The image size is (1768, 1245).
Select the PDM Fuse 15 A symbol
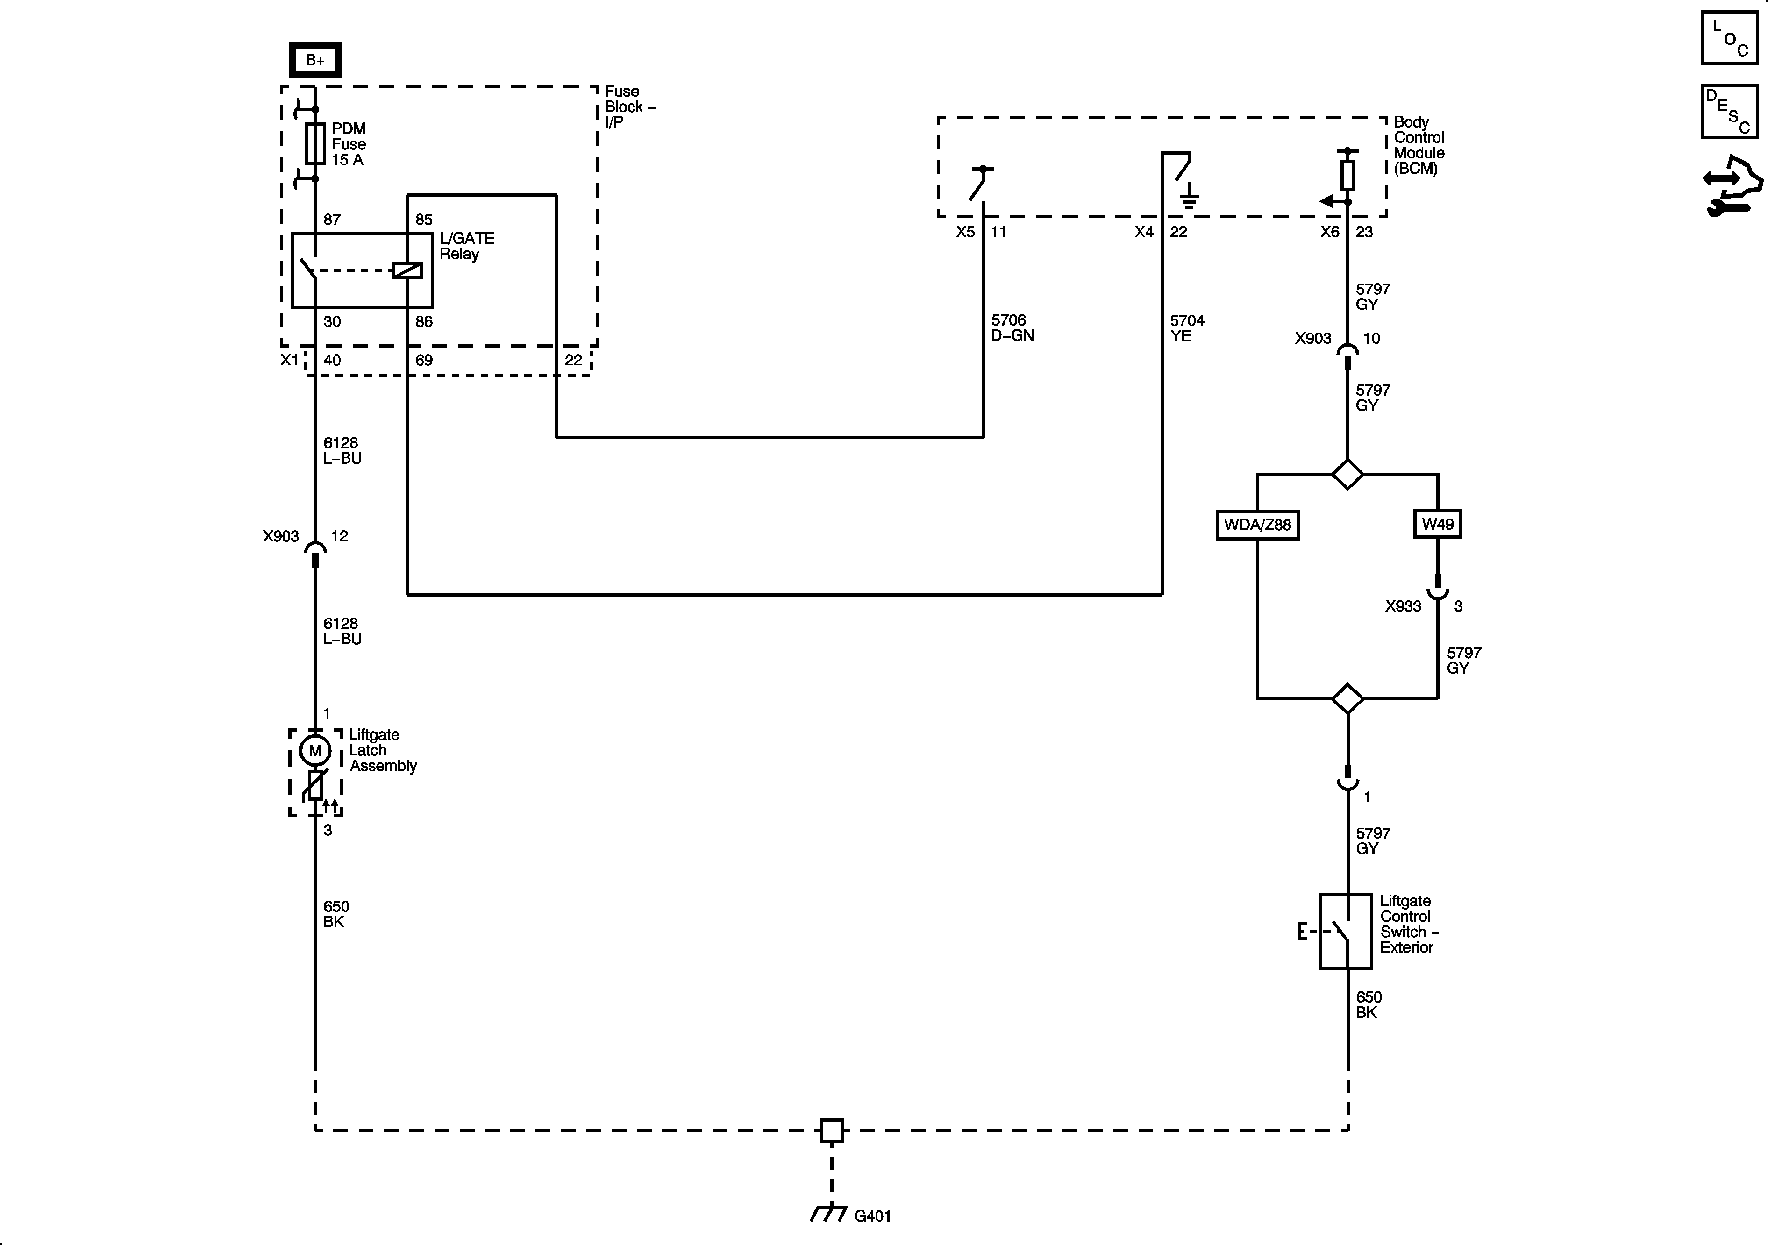(x=315, y=144)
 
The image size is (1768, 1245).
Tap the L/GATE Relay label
(x=467, y=246)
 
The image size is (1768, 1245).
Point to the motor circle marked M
(x=315, y=751)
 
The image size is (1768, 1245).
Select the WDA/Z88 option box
(x=1257, y=525)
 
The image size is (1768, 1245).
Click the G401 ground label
(x=872, y=1216)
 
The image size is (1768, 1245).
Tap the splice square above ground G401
(x=832, y=1130)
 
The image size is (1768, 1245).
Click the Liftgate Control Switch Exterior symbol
(x=1345, y=931)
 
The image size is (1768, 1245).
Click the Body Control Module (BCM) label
(x=1419, y=145)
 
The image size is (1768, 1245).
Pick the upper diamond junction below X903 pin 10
(x=1347, y=474)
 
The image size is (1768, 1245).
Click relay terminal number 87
(x=332, y=220)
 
